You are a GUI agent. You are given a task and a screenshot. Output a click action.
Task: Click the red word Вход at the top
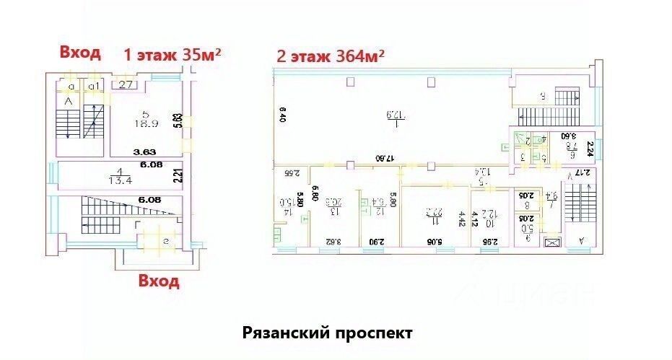(x=80, y=52)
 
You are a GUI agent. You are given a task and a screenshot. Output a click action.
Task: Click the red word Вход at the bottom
(x=159, y=281)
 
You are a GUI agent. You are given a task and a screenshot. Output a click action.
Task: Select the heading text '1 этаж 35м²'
(x=172, y=54)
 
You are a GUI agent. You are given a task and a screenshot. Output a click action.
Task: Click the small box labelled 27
(x=126, y=85)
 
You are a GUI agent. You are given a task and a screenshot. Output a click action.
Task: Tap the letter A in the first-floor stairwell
(x=70, y=102)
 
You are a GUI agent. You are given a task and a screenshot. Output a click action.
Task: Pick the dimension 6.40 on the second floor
(x=283, y=115)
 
